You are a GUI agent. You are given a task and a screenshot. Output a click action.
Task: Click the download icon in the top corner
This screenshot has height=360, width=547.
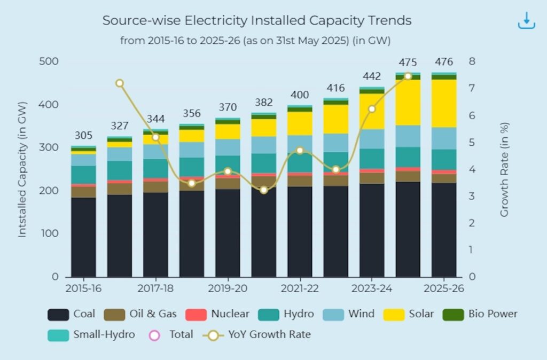click(526, 20)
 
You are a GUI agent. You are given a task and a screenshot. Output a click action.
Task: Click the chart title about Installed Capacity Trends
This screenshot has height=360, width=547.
click(257, 21)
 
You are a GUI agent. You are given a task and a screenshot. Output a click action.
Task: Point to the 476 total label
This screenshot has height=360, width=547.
click(444, 62)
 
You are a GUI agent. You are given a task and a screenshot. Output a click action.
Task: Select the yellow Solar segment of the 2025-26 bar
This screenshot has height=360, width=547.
click(444, 103)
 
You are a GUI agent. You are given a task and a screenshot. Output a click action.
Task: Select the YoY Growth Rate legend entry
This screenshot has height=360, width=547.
click(257, 335)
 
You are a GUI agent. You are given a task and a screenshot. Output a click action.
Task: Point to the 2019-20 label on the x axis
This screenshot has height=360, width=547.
click(228, 288)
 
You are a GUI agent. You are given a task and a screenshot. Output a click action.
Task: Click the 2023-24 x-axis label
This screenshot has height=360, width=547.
click(372, 288)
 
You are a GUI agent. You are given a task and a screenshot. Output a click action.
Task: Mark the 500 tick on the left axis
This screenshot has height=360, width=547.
click(49, 61)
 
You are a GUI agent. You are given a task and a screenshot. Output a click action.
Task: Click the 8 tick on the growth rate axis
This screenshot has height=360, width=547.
click(472, 61)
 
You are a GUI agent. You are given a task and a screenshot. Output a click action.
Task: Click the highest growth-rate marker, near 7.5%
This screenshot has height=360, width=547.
click(408, 76)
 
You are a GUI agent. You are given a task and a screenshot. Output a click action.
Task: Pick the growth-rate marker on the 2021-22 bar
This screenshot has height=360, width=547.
click(300, 151)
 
